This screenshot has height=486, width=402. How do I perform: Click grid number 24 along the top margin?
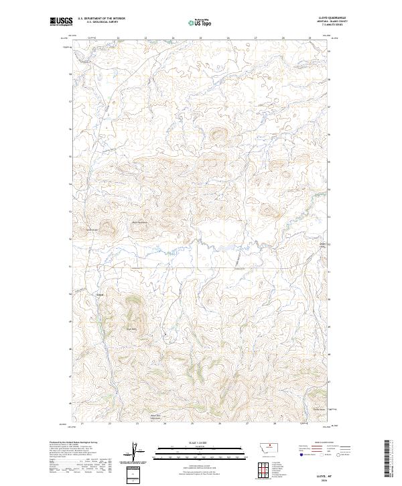pos(173,38)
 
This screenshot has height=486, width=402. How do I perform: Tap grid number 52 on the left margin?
pos(72,238)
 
